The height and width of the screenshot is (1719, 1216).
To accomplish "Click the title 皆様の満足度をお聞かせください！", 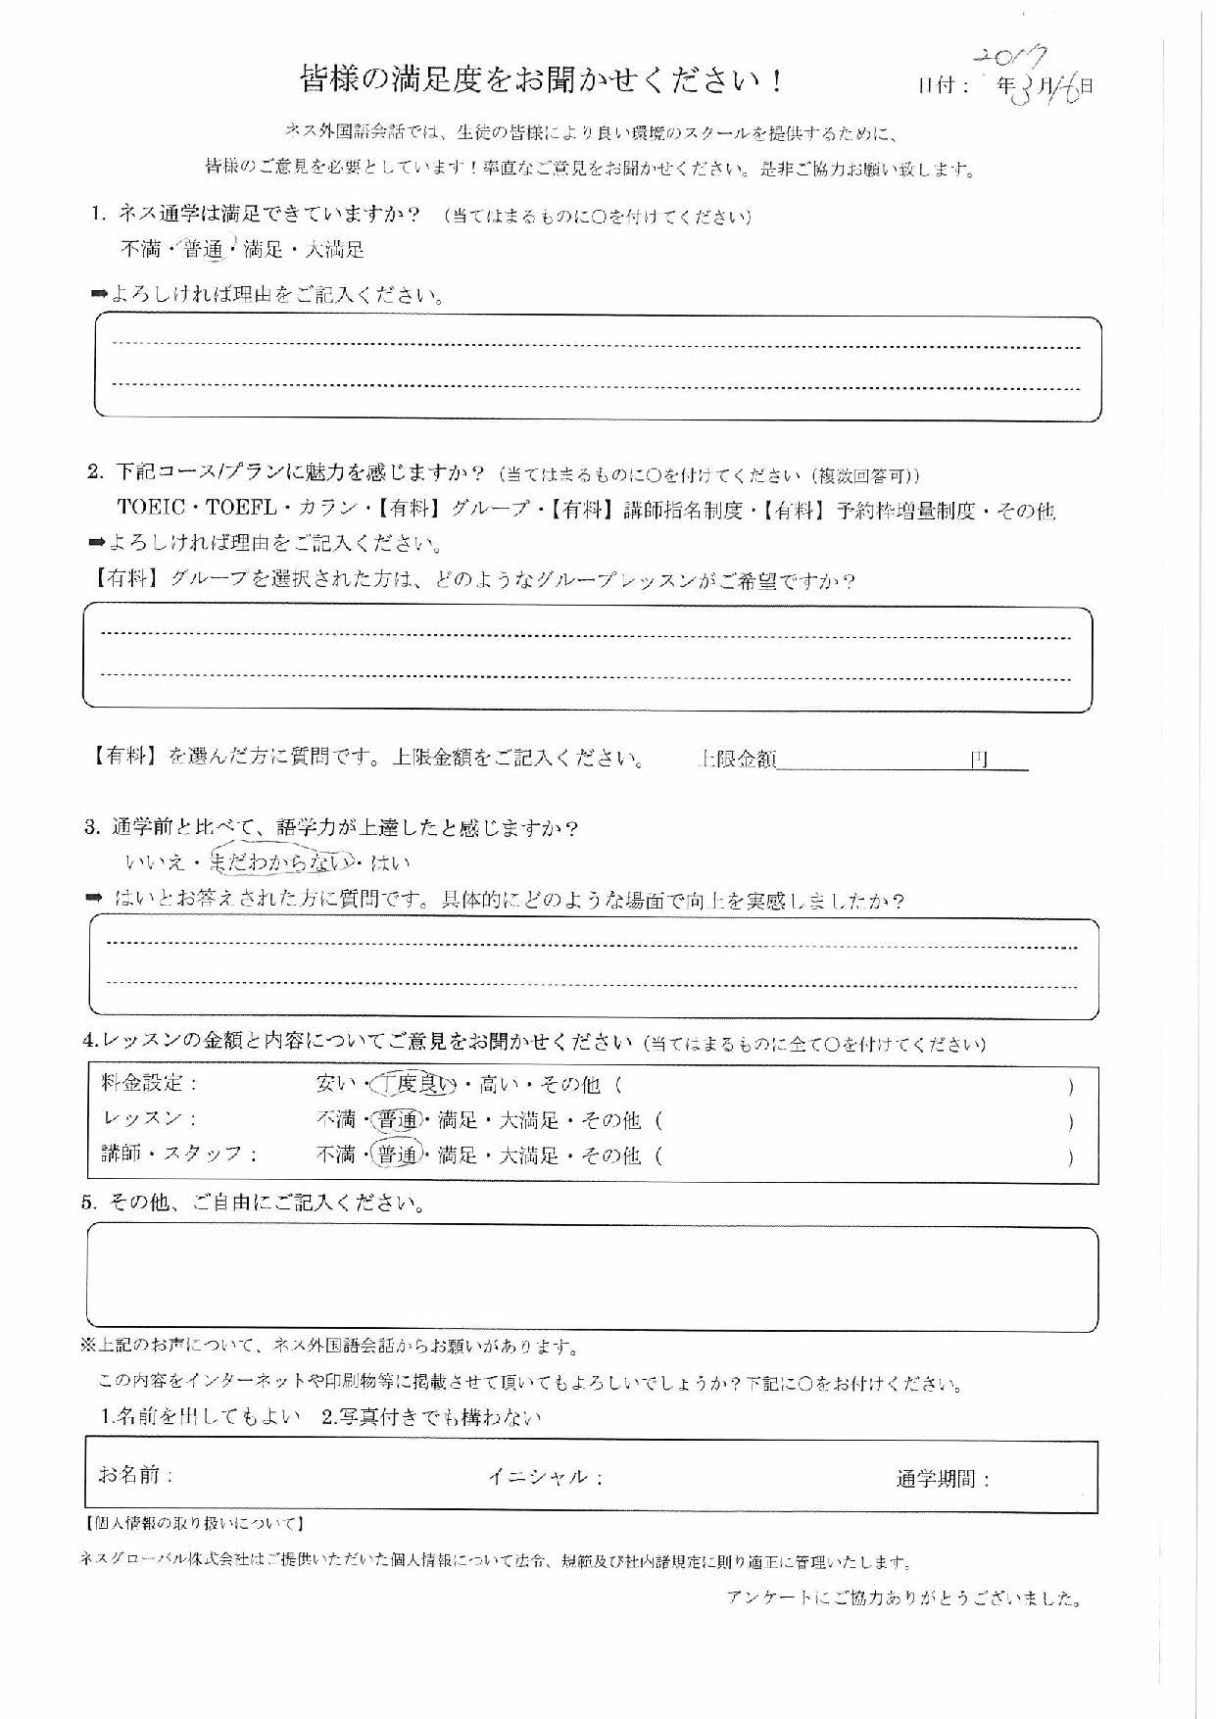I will click(542, 80).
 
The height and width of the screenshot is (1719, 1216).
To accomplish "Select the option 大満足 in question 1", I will click(334, 250).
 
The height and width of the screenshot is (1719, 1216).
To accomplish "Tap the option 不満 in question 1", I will click(140, 250).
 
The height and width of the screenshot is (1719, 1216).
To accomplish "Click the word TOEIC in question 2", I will click(151, 508).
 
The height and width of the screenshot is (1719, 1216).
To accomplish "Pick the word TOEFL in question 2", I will click(241, 508).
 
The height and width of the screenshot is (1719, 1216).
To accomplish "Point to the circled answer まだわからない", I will click(282, 862).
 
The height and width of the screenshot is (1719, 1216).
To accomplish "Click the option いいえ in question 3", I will click(155, 862).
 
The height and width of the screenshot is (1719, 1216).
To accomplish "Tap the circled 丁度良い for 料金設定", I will click(415, 1084).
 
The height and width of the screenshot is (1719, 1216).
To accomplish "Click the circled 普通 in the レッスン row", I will click(397, 1120).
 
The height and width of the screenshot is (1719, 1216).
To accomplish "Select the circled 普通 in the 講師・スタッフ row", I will click(397, 1155).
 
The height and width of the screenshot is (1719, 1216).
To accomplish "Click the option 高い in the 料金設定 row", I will click(499, 1084).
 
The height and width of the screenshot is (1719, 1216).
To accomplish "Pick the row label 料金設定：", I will click(150, 1083).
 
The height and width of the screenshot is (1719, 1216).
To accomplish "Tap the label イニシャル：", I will click(545, 1477).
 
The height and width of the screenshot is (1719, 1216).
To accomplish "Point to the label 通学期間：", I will click(943, 1479).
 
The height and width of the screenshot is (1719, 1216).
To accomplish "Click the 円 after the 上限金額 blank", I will click(978, 760).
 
